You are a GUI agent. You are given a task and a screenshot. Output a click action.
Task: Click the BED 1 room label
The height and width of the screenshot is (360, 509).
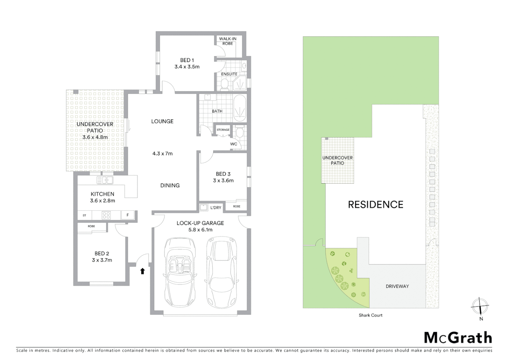click(x=187, y=60)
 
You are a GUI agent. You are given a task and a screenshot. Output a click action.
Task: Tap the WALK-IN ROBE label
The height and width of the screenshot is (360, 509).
click(x=228, y=41)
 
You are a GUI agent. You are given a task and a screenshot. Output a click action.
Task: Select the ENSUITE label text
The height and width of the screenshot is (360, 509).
click(x=229, y=74)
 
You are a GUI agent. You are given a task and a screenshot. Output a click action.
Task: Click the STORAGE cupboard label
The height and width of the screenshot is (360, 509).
click(x=223, y=130)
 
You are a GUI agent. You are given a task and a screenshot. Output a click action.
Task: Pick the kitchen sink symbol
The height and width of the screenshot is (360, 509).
click(x=105, y=180)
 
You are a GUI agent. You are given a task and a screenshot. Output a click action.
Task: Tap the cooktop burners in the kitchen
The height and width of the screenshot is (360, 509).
click(x=106, y=215)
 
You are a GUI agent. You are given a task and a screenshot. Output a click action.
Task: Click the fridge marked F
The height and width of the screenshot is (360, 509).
click(x=128, y=215)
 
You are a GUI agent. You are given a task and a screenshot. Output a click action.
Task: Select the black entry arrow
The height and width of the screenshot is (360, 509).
click(x=143, y=271)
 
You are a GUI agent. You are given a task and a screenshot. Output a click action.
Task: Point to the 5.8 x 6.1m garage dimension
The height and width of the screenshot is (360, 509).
click(x=200, y=230)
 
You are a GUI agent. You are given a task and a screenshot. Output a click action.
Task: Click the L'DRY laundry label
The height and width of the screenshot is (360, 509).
click(x=216, y=208)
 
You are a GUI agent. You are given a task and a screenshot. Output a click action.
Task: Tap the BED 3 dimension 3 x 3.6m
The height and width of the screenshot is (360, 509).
click(x=223, y=181)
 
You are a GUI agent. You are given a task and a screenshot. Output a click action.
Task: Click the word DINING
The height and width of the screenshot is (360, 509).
click(x=170, y=185)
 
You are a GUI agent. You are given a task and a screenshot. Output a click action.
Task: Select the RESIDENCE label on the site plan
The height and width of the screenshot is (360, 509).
click(x=375, y=204)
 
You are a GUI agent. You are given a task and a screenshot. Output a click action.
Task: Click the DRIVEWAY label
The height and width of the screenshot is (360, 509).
click(x=397, y=286)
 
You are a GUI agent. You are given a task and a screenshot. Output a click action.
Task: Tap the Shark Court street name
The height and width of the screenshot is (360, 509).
click(x=370, y=315)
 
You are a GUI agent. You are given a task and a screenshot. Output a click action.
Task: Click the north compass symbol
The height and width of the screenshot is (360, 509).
click(x=480, y=306)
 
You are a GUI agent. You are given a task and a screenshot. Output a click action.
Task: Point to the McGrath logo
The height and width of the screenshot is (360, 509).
click(x=458, y=338)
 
